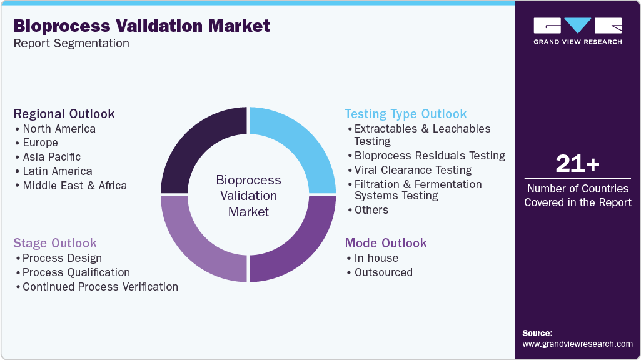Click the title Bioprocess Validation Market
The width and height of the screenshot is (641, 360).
(142, 26)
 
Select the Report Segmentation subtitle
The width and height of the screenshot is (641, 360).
(71, 44)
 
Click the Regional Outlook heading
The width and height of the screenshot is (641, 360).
(64, 114)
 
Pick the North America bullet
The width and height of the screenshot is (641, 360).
(59, 129)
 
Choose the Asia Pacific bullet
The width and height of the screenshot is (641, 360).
(51, 157)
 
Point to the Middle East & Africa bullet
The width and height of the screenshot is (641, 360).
(74, 186)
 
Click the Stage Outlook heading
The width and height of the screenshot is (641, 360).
(55, 243)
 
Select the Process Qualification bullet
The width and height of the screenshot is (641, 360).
(76, 272)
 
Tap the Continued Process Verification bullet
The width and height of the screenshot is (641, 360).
(100, 287)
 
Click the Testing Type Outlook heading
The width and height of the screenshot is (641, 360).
(406, 114)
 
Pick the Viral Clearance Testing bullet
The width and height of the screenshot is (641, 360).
(413, 170)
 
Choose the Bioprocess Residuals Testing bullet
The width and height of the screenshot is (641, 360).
(430, 156)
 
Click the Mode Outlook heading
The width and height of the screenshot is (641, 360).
(386, 243)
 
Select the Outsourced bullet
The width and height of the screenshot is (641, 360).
(383, 272)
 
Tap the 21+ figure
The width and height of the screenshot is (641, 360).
(577, 164)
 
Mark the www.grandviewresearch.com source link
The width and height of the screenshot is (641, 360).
(577, 344)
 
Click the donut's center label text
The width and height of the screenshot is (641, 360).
(248, 196)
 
